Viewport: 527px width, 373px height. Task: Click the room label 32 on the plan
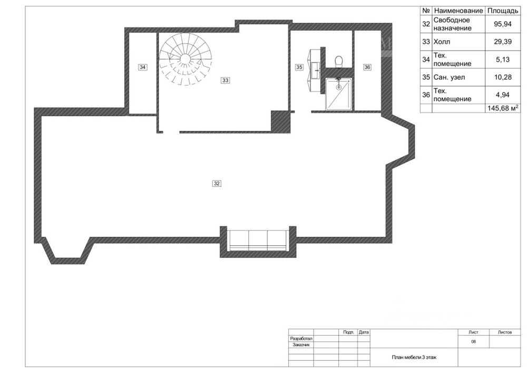click(217, 183)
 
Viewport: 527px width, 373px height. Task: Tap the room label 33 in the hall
click(225, 80)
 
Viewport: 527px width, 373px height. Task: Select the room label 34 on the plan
click(142, 68)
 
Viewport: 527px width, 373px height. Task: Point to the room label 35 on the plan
click(299, 68)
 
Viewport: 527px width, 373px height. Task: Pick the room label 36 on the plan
click(367, 68)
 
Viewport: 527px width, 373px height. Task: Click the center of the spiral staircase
click(184, 59)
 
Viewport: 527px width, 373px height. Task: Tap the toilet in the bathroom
click(339, 61)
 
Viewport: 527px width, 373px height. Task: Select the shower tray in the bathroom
click(339, 94)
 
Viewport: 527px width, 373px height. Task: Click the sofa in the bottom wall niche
click(258, 240)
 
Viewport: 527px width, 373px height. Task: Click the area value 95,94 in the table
click(503, 24)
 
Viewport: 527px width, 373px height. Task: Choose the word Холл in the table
click(442, 42)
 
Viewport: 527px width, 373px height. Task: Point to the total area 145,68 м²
click(503, 108)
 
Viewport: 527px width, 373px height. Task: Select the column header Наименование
click(458, 11)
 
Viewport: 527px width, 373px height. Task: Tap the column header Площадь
click(503, 11)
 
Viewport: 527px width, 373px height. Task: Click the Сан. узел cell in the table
click(450, 77)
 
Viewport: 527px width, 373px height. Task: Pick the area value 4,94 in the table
click(503, 95)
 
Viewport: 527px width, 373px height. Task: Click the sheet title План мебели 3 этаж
click(414, 358)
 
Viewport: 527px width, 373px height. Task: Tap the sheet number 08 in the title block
click(474, 342)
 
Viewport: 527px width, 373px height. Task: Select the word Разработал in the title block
click(301, 339)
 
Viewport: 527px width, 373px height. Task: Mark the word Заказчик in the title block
click(301, 345)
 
